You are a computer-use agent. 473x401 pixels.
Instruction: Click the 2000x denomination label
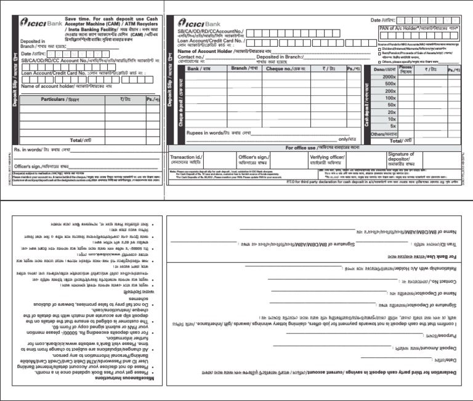tap(390, 76)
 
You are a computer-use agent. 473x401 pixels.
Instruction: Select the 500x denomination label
tap(390, 84)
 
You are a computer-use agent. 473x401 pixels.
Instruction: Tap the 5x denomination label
tap(391, 125)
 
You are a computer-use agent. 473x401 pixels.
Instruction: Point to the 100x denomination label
tap(390, 98)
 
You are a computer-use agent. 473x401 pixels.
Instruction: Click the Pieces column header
tap(406, 69)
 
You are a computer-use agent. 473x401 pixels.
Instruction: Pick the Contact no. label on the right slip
tap(191, 56)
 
